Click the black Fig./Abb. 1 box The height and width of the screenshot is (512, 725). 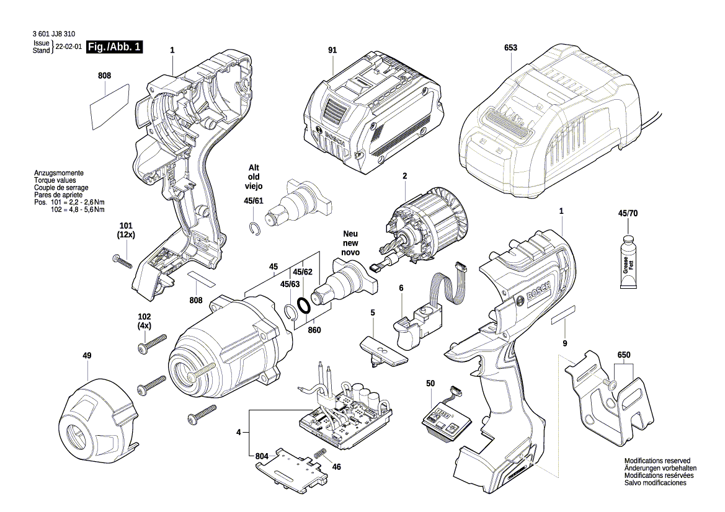pyautogui.click(x=115, y=47)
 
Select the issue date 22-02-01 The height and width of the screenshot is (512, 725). pyautogui.click(x=69, y=47)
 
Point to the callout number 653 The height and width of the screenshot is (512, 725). pyautogui.click(x=510, y=48)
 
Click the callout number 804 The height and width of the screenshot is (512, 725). pyautogui.click(x=262, y=457)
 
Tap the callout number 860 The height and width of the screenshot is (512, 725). pyautogui.click(x=314, y=330)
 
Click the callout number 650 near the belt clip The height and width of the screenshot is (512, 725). pyautogui.click(x=623, y=356)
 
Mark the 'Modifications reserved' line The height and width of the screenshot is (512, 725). pyautogui.click(x=657, y=461)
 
